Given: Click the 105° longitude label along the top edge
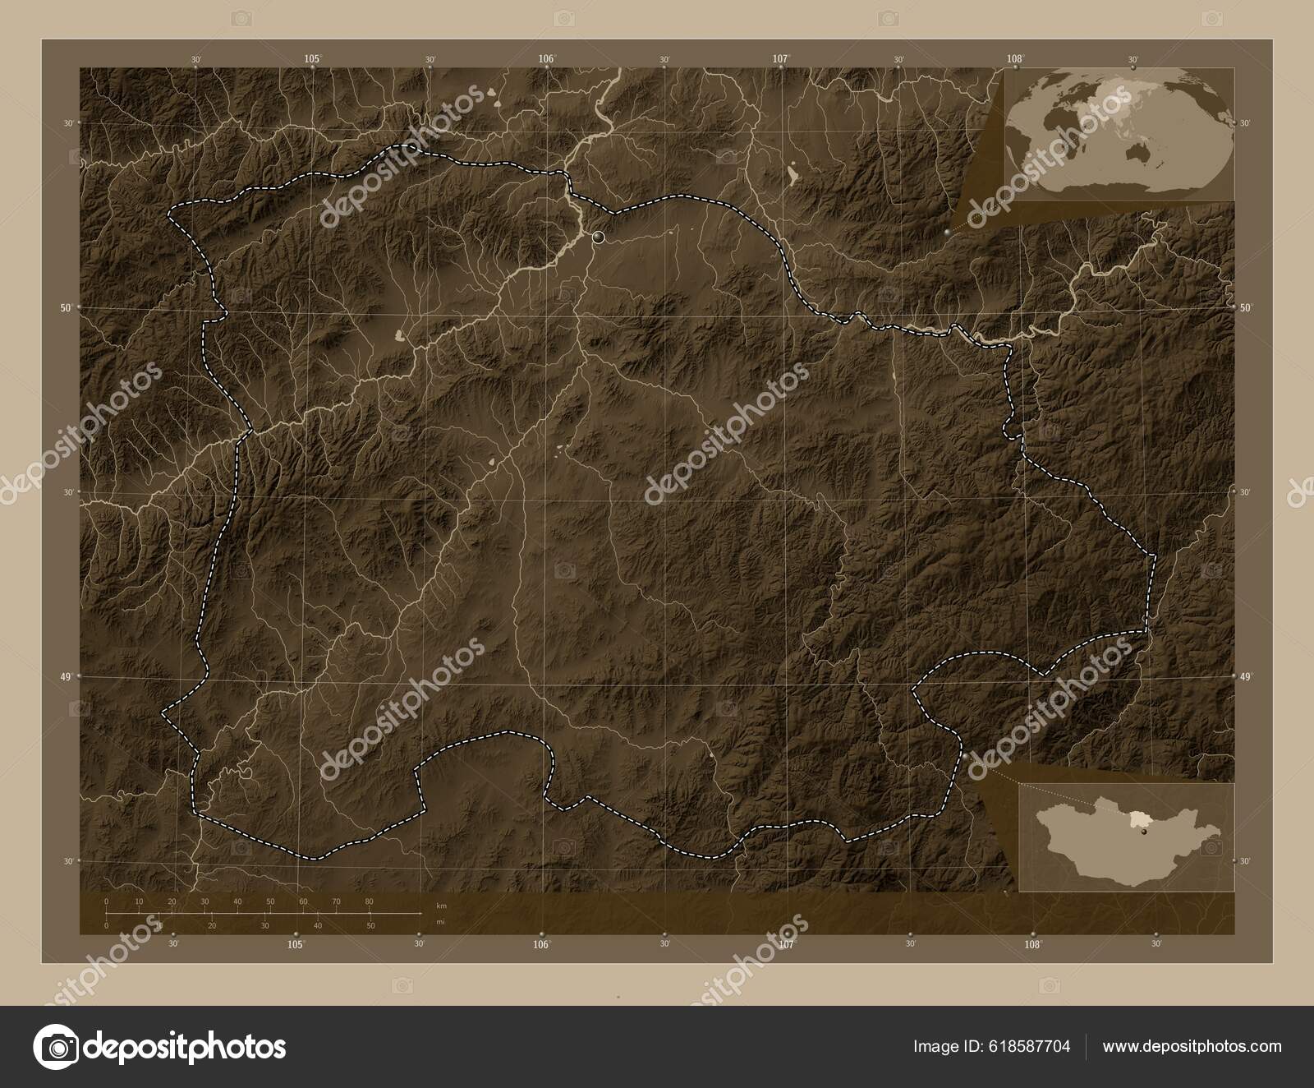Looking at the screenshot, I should [x=312, y=58].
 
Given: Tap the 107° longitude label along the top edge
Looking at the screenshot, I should [x=780, y=58].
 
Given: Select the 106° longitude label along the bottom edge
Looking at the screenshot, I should [x=540, y=945].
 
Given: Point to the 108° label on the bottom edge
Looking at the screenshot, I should [x=1033, y=945].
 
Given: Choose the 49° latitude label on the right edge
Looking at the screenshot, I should [x=1246, y=676].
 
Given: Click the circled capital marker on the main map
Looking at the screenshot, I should [x=598, y=237].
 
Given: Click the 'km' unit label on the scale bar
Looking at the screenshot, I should [x=441, y=906].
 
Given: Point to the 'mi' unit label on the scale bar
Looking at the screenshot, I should [x=441, y=921].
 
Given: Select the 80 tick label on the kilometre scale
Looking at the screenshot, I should [x=369, y=901].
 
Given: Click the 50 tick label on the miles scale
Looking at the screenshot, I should [x=370, y=925].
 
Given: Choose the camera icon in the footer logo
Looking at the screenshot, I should [x=55, y=1047].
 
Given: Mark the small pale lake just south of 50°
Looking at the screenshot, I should [x=400, y=335].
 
